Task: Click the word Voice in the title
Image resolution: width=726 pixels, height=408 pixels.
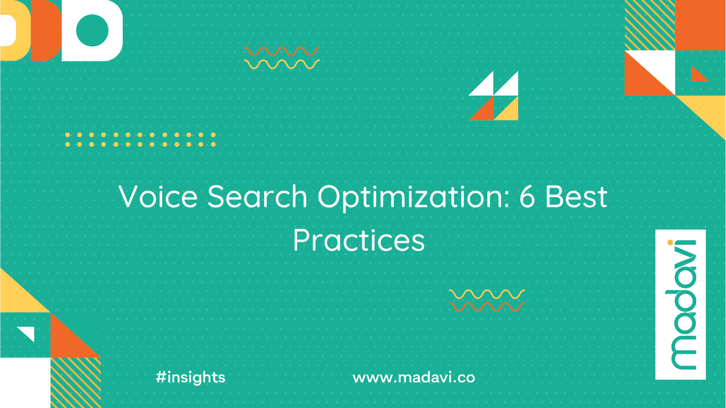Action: [x=158, y=197]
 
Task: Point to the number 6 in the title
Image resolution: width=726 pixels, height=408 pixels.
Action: [x=527, y=197]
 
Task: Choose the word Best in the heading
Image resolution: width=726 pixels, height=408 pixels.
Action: [x=577, y=197]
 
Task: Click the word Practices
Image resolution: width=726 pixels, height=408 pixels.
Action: [x=359, y=240]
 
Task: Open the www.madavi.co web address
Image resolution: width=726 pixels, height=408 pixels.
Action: [x=414, y=378]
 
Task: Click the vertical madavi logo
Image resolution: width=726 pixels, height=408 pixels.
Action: [x=681, y=304]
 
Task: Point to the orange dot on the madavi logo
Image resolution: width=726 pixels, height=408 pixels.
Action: [x=670, y=242]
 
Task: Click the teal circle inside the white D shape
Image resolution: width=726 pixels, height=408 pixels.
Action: [x=92, y=30]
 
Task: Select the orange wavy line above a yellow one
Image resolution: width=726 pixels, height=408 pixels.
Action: [x=282, y=52]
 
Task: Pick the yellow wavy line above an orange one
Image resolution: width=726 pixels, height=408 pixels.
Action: [x=487, y=294]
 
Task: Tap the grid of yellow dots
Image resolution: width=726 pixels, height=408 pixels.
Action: [x=140, y=140]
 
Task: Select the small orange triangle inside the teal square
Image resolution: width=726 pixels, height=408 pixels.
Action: [x=697, y=74]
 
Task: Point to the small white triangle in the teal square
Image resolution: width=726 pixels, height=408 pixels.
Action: [x=28, y=333]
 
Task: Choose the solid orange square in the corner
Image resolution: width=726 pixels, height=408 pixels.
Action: [x=700, y=25]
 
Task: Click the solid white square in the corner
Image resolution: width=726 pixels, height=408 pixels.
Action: [x=26, y=382]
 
